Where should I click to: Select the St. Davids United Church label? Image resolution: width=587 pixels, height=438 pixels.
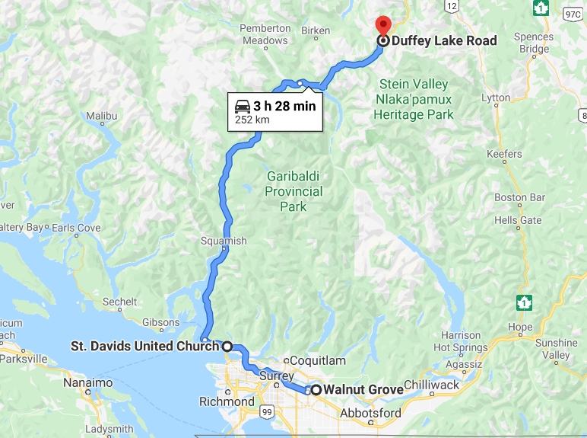tap(144, 346)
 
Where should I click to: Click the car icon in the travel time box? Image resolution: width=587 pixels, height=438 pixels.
tap(243, 106)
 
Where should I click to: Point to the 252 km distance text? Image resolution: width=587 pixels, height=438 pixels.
tap(252, 120)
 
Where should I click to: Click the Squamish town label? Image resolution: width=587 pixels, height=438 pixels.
tap(224, 241)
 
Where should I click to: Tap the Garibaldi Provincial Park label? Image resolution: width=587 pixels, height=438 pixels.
tap(293, 191)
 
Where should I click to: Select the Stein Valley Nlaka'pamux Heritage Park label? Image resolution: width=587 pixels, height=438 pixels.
tap(414, 100)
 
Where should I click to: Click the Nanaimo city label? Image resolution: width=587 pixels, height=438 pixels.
tap(89, 382)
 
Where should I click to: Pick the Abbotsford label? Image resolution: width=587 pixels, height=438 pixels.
tap(370, 413)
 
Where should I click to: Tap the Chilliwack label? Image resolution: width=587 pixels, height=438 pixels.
tap(432, 385)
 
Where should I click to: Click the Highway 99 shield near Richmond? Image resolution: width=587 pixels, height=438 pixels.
tap(266, 412)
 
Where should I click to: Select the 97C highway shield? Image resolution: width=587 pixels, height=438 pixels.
tap(572, 13)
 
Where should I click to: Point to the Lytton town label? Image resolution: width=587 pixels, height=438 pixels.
tap(496, 98)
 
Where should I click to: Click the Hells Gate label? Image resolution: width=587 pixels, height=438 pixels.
tap(518, 220)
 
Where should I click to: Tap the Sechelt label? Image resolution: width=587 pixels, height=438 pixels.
tap(120, 302)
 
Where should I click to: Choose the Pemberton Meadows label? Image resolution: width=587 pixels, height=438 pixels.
tap(265, 34)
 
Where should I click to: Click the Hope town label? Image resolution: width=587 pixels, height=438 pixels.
tap(521, 327)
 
